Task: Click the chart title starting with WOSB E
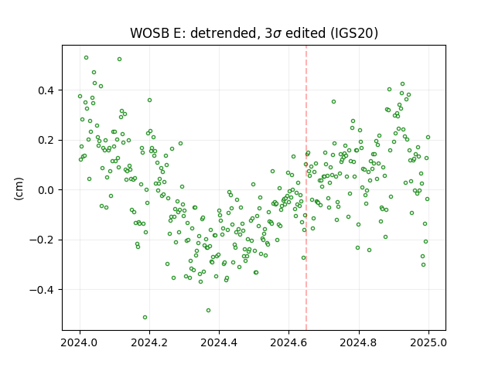click(x=254, y=32)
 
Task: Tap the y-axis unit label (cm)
click(x=19, y=189)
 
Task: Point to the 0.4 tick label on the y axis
click(x=46, y=90)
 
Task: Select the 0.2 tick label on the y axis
click(x=46, y=141)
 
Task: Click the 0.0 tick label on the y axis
click(x=46, y=190)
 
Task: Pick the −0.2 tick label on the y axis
click(x=42, y=240)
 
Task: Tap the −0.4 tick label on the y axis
click(x=42, y=290)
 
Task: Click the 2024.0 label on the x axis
click(x=80, y=342)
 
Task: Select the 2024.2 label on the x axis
click(x=149, y=342)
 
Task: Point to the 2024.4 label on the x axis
click(x=219, y=342)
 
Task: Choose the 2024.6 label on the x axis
click(x=288, y=342)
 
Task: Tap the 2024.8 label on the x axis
click(x=359, y=342)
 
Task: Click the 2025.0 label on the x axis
click(x=428, y=342)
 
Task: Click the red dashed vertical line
click(x=306, y=188)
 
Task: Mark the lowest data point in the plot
click(x=145, y=318)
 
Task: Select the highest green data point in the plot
click(x=86, y=58)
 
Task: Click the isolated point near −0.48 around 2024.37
click(x=208, y=311)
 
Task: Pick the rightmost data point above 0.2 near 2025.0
click(x=428, y=138)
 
